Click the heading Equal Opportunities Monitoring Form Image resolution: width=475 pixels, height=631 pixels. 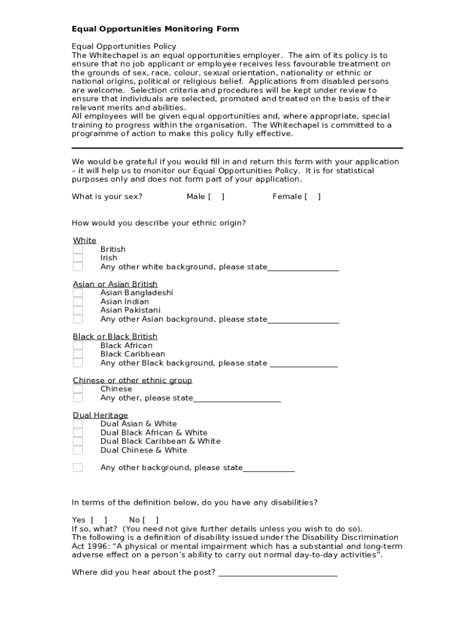point(155,29)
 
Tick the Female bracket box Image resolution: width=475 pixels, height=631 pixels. point(312,197)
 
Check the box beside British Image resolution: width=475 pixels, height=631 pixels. point(78,250)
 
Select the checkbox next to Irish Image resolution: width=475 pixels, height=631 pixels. point(78,258)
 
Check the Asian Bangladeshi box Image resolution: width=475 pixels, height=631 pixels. point(78,293)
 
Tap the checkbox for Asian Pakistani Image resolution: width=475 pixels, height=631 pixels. point(78,311)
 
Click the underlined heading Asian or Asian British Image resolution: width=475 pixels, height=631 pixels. point(115,284)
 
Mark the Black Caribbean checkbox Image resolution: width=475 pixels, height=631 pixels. point(78,354)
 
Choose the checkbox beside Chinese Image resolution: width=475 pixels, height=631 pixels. point(78,389)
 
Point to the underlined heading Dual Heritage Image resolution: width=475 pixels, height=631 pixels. point(101,415)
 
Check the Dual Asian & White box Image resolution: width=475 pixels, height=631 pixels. point(78,424)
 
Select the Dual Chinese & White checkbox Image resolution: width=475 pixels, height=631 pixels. point(78,450)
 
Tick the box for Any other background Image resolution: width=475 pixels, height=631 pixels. point(78,468)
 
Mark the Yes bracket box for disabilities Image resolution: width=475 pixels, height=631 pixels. point(99,520)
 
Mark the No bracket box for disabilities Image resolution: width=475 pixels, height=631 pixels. point(151,520)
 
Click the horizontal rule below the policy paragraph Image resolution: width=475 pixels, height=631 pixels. point(237,148)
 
